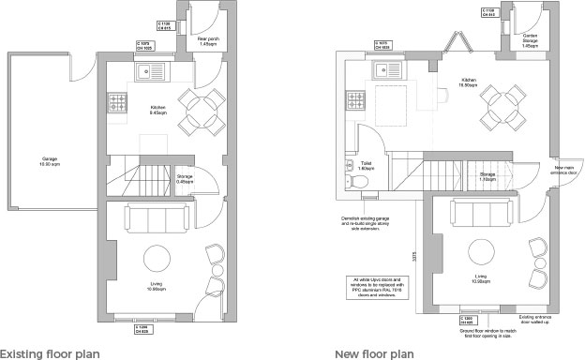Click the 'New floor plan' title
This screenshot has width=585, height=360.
374,353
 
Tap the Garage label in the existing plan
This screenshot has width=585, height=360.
50,160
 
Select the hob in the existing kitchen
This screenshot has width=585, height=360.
118,99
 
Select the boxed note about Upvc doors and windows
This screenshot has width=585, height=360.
376,285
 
